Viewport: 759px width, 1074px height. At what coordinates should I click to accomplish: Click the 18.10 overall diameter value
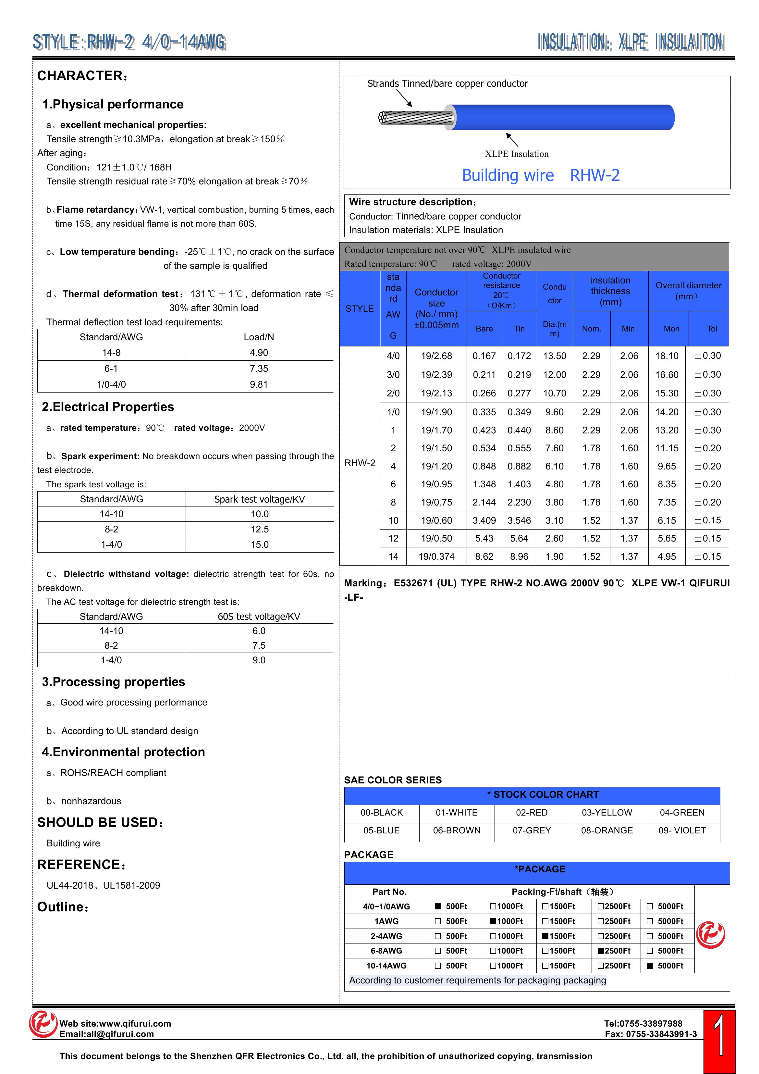pyautogui.click(x=667, y=356)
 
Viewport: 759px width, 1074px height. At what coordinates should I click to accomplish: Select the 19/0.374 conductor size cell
pyautogui.click(x=436, y=557)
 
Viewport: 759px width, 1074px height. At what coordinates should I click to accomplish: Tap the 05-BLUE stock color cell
pyautogui.click(x=382, y=830)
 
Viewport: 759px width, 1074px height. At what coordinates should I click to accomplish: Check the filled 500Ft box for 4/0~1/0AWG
pyautogui.click(x=438, y=906)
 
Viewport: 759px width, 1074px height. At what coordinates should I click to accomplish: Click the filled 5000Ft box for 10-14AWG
pyautogui.click(x=650, y=966)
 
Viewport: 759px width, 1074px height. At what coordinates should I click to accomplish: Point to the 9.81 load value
pyautogui.click(x=259, y=384)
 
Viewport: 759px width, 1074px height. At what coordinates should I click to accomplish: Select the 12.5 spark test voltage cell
pyautogui.click(x=260, y=529)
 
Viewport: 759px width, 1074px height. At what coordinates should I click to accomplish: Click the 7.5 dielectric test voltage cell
pyautogui.click(x=259, y=645)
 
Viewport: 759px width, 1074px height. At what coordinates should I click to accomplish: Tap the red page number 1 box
pyautogui.click(x=719, y=1041)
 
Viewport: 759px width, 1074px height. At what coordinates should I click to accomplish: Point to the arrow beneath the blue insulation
pyautogui.click(x=512, y=139)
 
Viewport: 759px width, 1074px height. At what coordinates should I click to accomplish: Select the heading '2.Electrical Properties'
pyautogui.click(x=108, y=407)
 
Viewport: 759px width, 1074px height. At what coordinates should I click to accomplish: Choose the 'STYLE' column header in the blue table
pyautogui.click(x=359, y=309)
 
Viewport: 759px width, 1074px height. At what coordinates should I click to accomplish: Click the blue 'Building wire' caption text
pyautogui.click(x=508, y=175)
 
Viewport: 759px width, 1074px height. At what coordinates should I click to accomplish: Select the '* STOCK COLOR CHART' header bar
pyautogui.click(x=532, y=795)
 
